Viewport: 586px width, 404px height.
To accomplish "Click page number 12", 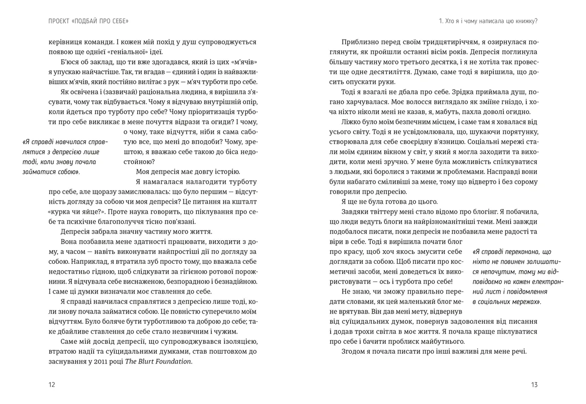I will pyautogui.click(x=52, y=385).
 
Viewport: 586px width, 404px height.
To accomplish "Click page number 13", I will pyautogui.click(x=534, y=385).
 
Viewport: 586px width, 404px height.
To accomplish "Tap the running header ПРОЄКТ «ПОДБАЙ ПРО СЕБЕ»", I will pyautogui.click(x=85, y=21).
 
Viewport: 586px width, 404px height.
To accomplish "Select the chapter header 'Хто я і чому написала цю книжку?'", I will pyautogui.click(x=488, y=21).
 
